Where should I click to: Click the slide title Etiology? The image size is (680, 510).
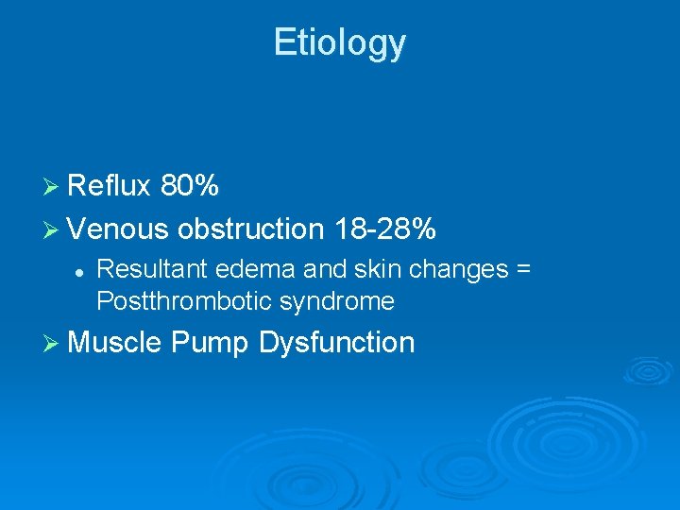[x=340, y=42]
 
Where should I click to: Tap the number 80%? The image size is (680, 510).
[x=190, y=187]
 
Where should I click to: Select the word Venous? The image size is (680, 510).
[x=118, y=229]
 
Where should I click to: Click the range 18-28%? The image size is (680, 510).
[x=384, y=229]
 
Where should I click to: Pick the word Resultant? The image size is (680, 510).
[x=152, y=270]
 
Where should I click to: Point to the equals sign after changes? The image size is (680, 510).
[x=522, y=271]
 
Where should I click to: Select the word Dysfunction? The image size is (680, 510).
[x=336, y=343]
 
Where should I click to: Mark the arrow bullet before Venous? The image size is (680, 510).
[x=54, y=229]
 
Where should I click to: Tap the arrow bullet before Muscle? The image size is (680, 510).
[x=54, y=343]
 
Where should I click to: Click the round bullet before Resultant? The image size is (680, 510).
[x=81, y=271]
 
